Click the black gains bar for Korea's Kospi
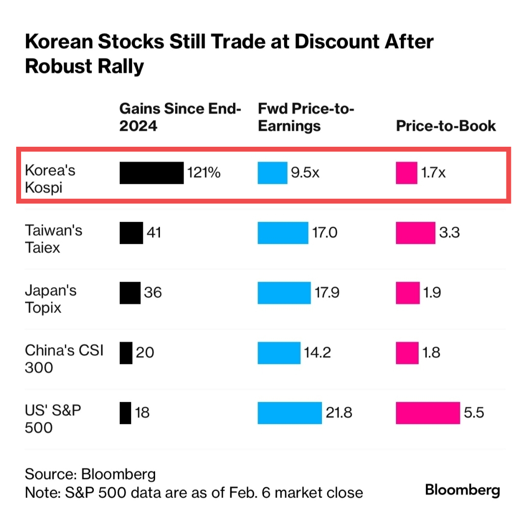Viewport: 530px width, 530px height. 151,173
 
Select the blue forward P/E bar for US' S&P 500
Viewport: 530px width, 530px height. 290,413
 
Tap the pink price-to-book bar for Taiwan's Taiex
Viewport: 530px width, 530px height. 415,233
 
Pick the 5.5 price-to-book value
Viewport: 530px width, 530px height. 474,413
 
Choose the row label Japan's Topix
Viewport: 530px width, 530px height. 51,299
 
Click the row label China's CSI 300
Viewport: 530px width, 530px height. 64,359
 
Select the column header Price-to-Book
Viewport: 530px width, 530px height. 446,126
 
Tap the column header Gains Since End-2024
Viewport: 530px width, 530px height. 180,117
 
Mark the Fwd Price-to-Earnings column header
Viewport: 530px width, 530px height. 306,117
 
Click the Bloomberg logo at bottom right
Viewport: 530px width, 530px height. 462,490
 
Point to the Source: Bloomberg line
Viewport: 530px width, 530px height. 90,474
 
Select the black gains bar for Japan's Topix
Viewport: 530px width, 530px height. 130,293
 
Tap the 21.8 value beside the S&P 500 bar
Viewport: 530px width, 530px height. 339,413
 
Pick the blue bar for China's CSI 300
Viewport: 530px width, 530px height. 279,353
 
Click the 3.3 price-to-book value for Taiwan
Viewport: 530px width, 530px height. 449,233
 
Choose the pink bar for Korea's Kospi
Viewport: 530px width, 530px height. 406,173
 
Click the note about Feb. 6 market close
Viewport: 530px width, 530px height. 194,492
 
